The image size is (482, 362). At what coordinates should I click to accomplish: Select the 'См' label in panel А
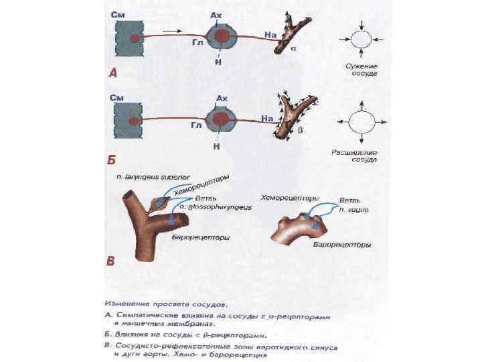118,13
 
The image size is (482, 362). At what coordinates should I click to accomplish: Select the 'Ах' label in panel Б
222,99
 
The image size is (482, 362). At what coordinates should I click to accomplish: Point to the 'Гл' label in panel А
195,42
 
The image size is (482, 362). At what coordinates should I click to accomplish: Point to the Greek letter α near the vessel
294,50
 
